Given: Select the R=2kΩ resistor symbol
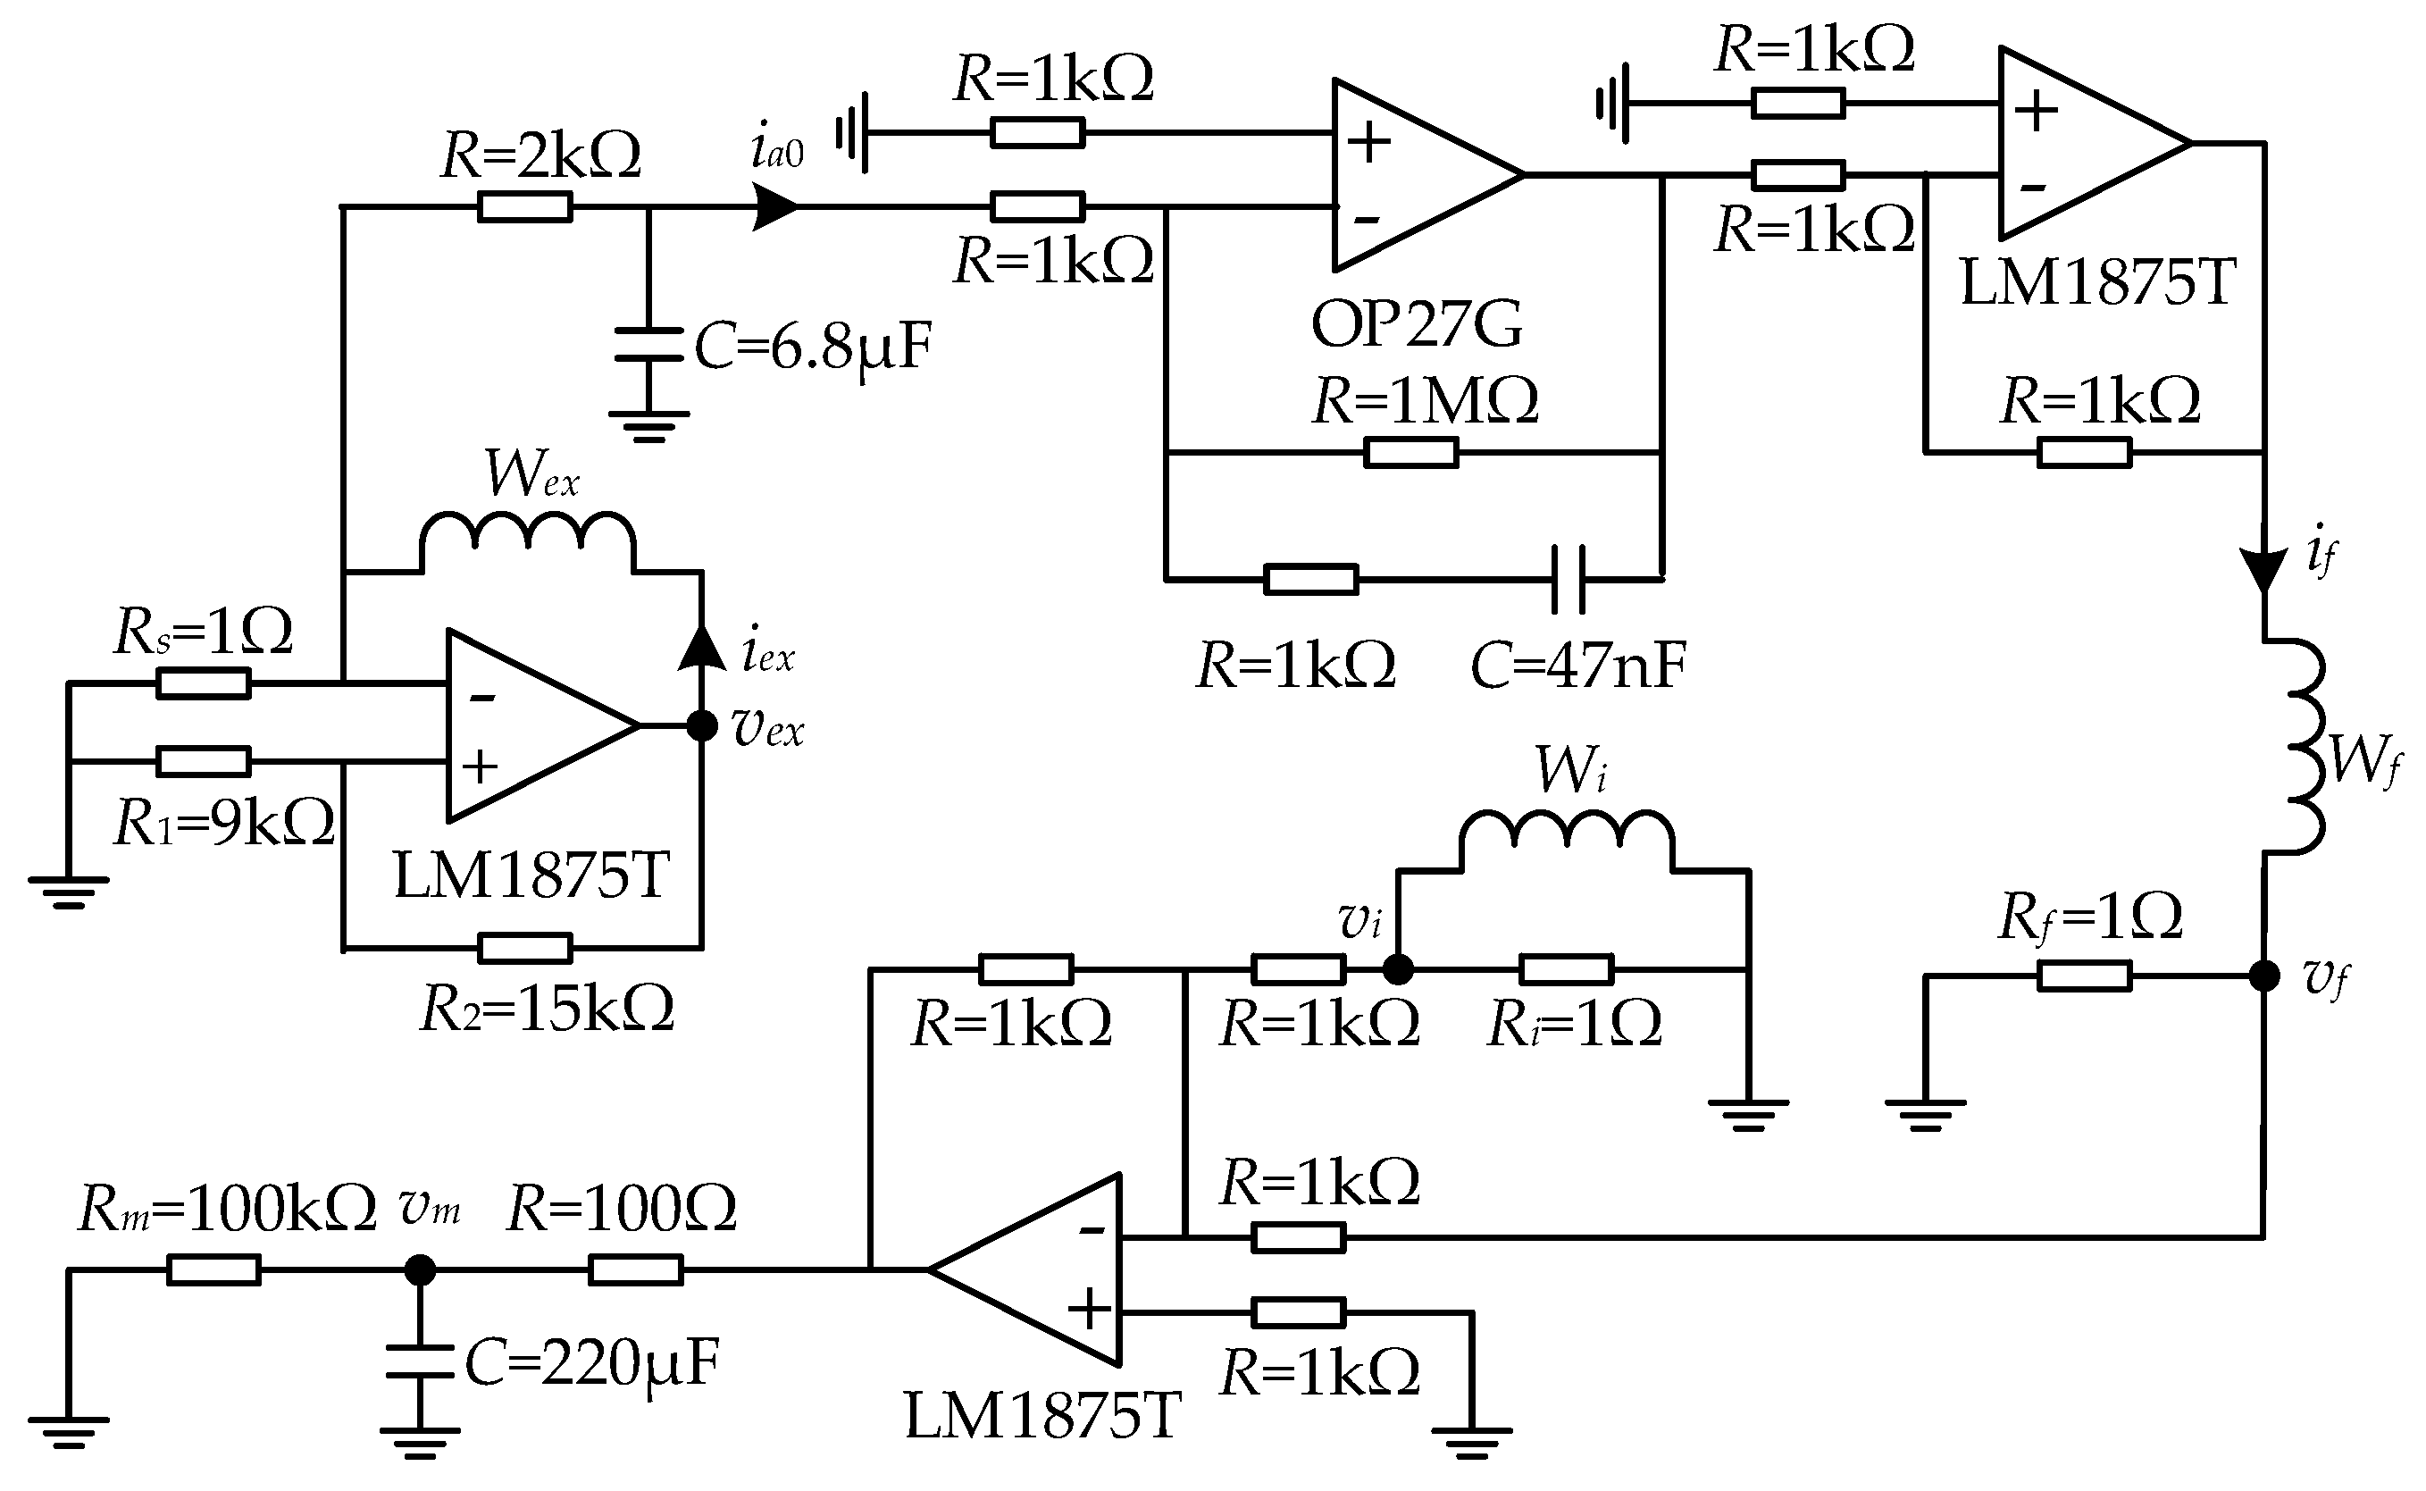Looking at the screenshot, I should [524, 207].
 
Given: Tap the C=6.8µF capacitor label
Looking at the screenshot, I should [813, 348].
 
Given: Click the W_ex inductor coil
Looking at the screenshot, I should [527, 533].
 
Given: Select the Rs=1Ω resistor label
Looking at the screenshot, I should [203, 631].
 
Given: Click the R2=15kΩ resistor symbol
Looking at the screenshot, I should [524, 949].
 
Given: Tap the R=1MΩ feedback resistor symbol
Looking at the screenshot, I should [1410, 454].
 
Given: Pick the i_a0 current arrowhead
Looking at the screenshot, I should [774, 207].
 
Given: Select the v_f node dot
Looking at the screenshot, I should [2264, 976].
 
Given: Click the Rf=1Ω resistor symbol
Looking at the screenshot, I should [2084, 976].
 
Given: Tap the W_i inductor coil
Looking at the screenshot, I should [1567, 832].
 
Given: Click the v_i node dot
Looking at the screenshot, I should [1398, 970].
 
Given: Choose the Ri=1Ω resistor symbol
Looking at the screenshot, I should [1567, 970].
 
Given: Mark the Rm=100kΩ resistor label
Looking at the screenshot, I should [227, 1208].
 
